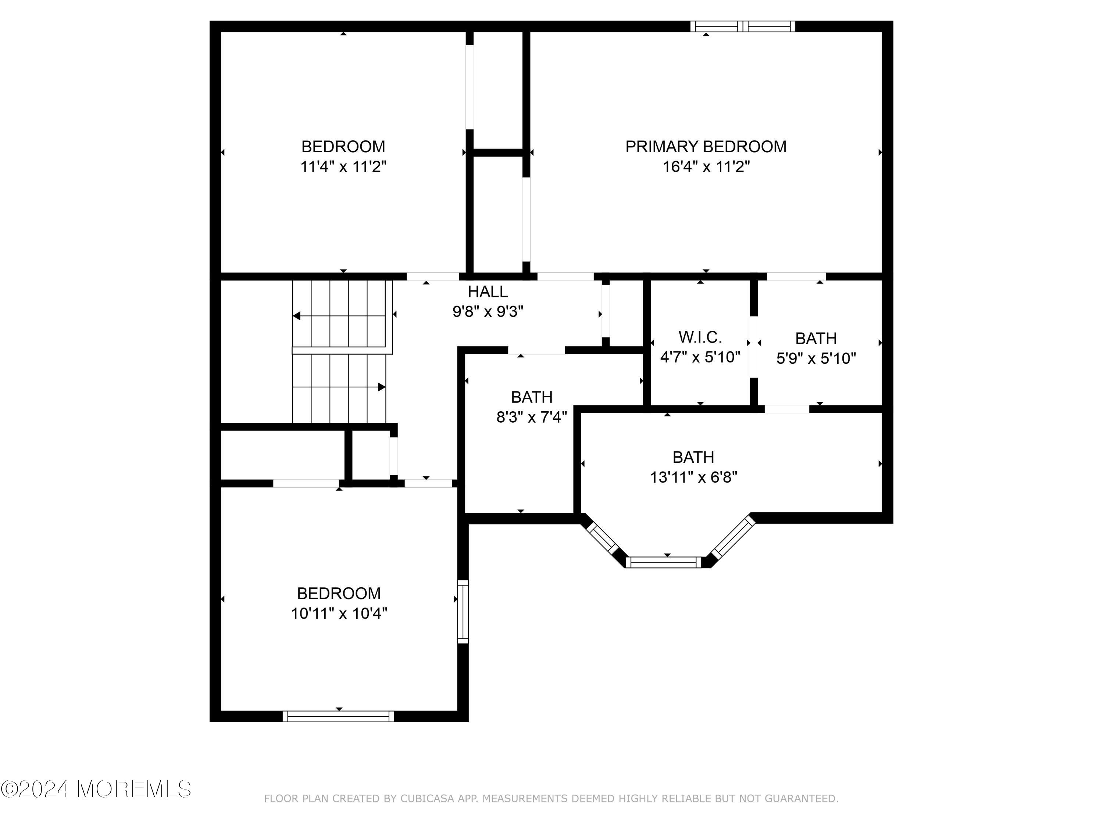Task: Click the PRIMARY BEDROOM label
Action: coord(706,147)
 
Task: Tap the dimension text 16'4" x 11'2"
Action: coord(706,167)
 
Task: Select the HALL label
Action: coord(487,291)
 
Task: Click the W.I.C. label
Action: coord(700,337)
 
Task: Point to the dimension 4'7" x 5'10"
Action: coord(700,357)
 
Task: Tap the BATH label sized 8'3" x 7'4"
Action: coord(532,397)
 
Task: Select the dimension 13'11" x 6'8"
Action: coord(693,477)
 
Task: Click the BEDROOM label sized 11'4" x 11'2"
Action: coord(343,147)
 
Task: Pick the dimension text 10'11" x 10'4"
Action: coord(339,613)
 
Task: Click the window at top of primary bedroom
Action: coord(742,26)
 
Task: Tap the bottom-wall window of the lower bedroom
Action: coord(338,716)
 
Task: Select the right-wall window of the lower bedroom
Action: coord(463,612)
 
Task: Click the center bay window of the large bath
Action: coord(663,562)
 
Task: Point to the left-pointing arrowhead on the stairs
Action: coord(297,316)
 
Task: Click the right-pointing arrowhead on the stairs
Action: coord(382,387)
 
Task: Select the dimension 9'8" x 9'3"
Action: coord(487,312)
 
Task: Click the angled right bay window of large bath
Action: coord(733,537)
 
